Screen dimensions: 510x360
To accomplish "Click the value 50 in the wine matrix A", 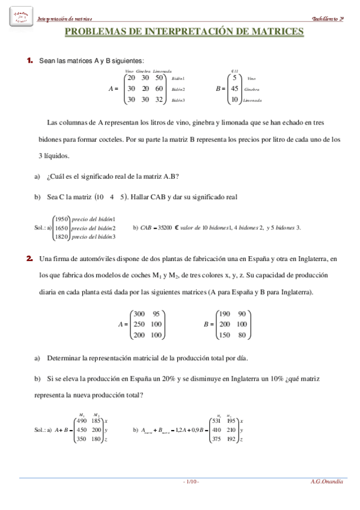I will click(159, 78).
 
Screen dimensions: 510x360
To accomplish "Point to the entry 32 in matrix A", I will click(159, 100).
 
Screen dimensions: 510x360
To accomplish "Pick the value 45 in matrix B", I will click(234, 89).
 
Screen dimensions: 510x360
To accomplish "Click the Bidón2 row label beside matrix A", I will click(178, 90).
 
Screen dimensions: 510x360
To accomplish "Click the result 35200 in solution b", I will click(165, 228).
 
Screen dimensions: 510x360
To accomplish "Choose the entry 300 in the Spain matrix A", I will click(139, 313).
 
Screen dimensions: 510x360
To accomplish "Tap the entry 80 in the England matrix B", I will click(242, 335).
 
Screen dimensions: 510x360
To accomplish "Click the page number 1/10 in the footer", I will click(191, 482).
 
